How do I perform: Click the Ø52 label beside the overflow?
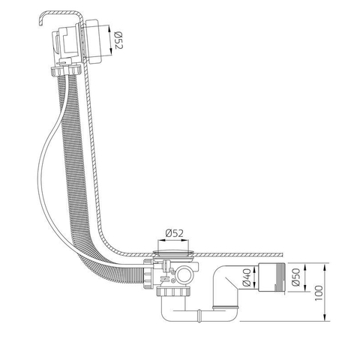(118, 40)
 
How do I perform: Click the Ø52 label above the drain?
(174, 233)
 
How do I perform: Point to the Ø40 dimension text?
(247, 277)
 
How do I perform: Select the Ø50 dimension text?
(295, 277)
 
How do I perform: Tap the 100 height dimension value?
(319, 292)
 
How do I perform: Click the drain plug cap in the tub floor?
(174, 252)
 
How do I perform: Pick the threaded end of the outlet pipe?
(280, 277)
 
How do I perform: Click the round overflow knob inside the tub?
(93, 40)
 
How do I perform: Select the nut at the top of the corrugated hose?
(66, 70)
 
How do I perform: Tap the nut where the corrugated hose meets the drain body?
(148, 274)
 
